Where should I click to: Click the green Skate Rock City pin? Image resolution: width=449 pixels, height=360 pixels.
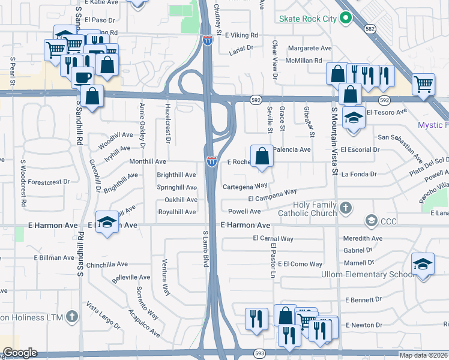pyautogui.click(x=345, y=19)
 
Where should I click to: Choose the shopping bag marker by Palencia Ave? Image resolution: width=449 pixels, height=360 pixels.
pyautogui.click(x=262, y=157)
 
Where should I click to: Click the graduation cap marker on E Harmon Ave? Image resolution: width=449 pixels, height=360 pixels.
pyautogui.click(x=106, y=223)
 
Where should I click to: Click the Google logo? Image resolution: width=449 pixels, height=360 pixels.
pyautogui.click(x=19, y=353)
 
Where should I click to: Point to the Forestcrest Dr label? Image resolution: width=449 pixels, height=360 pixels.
pyautogui.click(x=49, y=181)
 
